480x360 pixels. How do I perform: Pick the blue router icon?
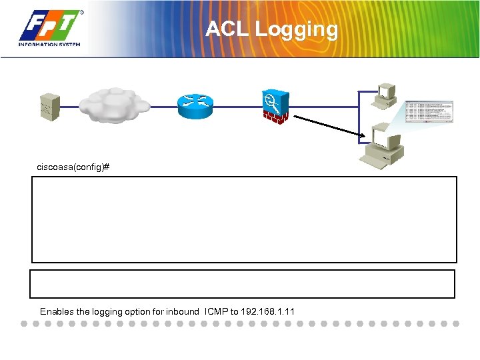[195, 102]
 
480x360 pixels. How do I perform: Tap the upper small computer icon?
[386, 96]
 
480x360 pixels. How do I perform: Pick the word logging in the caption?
[103, 311]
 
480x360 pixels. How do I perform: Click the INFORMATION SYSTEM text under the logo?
[49, 45]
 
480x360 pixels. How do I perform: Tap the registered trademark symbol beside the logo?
[81, 12]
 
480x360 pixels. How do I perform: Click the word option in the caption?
[136, 311]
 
